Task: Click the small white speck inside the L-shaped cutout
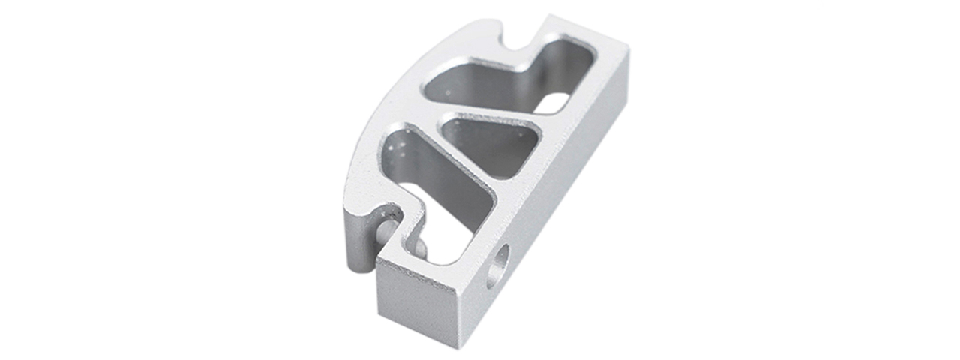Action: tap(448, 93)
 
